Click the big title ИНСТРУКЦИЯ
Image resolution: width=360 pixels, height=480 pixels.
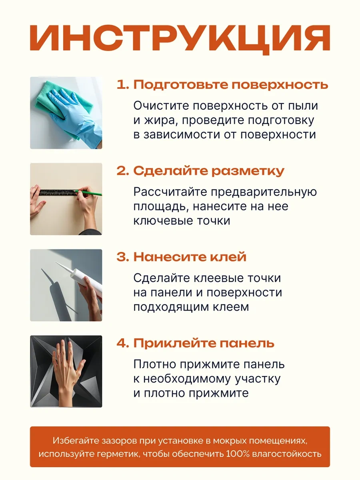[x=180, y=39]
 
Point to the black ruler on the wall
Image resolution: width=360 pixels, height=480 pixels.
[x=58, y=192]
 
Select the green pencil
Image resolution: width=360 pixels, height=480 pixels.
[x=88, y=193]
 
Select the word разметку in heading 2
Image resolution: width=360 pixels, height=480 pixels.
[x=248, y=171]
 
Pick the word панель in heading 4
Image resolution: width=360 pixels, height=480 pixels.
[x=247, y=343]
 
